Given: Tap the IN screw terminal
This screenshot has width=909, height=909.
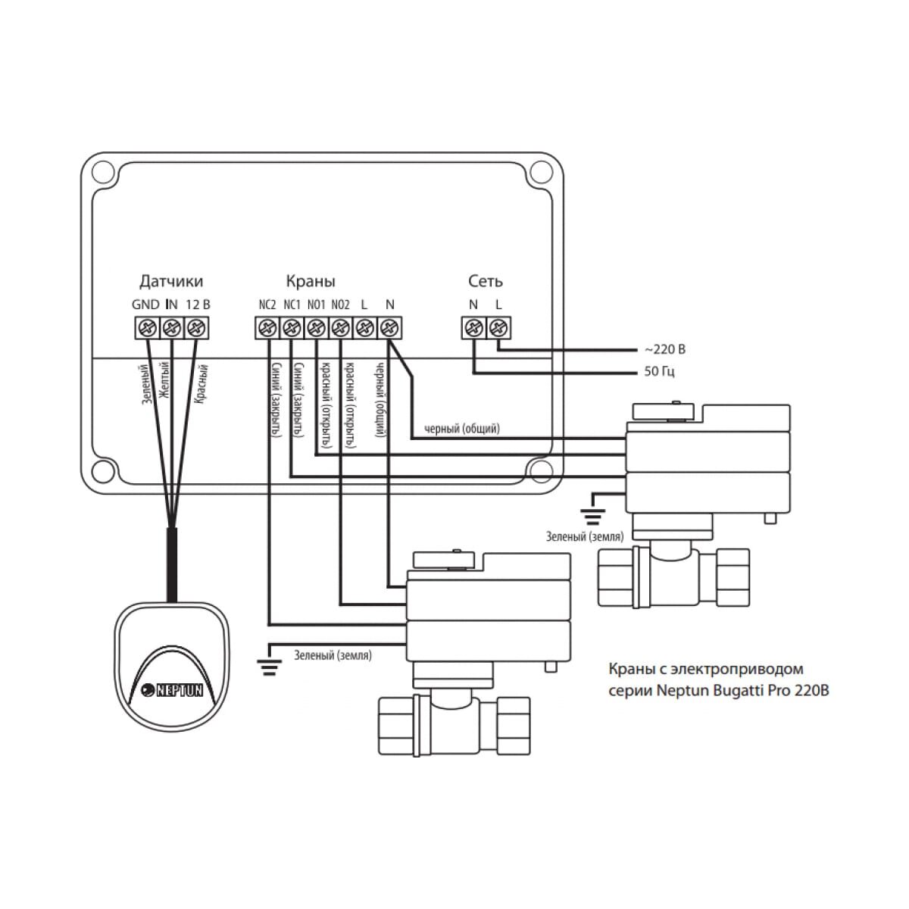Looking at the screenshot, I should tap(172, 329).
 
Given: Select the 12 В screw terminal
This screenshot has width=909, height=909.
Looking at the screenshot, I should tap(197, 329).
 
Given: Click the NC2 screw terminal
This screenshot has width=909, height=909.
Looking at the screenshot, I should tap(267, 329).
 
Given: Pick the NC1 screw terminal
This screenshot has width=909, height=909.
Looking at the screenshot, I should tap(291, 329).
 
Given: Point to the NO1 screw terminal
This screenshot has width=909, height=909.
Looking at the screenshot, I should tap(316, 329).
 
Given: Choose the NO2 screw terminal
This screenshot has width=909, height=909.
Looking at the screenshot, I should tap(340, 329).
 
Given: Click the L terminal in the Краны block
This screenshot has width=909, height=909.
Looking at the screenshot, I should tap(364, 329).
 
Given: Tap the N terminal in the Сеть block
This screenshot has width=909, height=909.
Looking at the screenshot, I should tap(473, 329).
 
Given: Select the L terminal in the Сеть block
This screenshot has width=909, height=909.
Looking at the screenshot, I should tap(498, 329).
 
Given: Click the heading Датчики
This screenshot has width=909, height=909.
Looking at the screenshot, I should tap(171, 282).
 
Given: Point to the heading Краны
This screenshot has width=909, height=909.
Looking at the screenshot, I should tap(311, 282).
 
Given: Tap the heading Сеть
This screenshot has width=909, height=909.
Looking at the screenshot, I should tap(485, 282).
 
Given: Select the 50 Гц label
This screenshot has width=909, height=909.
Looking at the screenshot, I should tap(659, 372).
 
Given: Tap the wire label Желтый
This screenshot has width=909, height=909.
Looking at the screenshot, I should tap(166, 383).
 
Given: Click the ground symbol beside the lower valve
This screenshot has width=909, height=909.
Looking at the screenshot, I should tap(267, 666).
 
